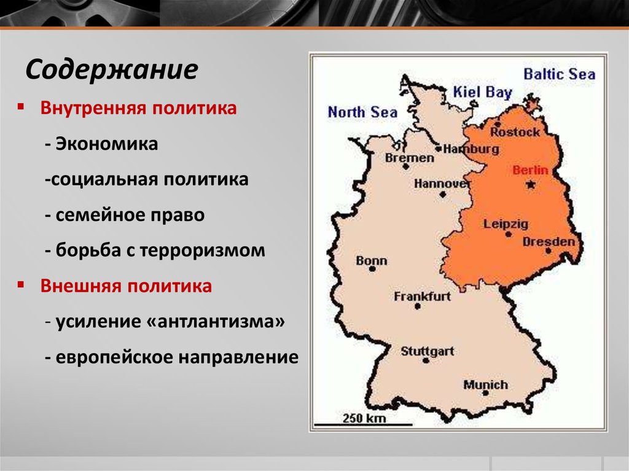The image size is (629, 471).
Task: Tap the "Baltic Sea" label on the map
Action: coord(559,74)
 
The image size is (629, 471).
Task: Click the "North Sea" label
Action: coord(362,112)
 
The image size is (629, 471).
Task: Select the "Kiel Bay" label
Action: coord(482,93)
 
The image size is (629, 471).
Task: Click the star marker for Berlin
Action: coord(531,184)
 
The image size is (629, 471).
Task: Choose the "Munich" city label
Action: coord(485,385)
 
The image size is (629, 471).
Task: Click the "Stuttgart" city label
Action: coord(428,352)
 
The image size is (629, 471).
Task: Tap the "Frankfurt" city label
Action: coord(423,297)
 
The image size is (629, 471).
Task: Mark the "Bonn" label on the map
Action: coord(372,261)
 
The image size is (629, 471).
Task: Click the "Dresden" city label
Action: coord(549,242)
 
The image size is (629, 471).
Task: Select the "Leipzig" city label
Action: coord(506,224)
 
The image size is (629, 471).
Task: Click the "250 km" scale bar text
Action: coord(364,419)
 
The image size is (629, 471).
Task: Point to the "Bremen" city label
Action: coord(409,158)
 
